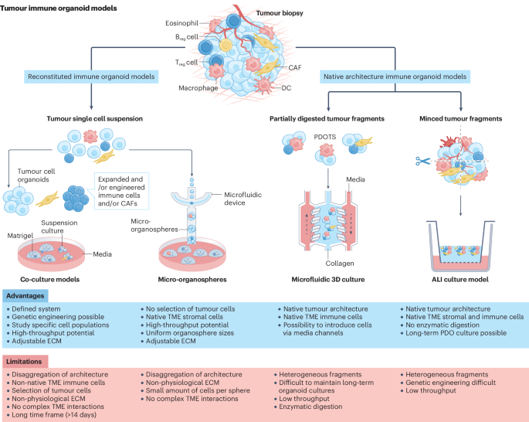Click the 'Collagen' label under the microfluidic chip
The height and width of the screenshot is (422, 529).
(x=340, y=263)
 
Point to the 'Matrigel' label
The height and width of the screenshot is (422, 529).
(x=21, y=232)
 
